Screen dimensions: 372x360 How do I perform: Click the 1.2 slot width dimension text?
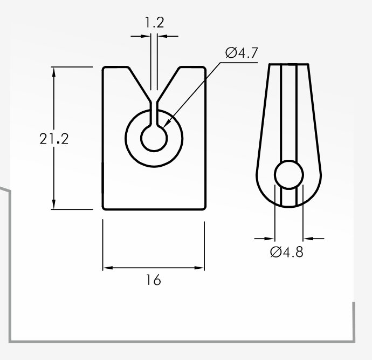tap(154, 22)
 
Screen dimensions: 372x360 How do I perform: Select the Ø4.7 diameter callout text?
tap(242, 52)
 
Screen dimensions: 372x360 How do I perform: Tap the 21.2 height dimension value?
tap(54, 139)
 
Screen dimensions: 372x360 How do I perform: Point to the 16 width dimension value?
tap(153, 280)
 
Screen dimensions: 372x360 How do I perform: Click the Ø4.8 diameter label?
tap(287, 252)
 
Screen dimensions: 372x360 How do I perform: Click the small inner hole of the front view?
tap(154, 138)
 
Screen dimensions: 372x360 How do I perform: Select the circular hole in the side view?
tap(289, 175)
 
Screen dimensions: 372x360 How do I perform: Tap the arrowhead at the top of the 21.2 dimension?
tap(54, 72)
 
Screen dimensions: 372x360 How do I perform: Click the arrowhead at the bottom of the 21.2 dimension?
tap(54, 204)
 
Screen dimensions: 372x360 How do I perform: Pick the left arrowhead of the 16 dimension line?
tap(108, 268)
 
